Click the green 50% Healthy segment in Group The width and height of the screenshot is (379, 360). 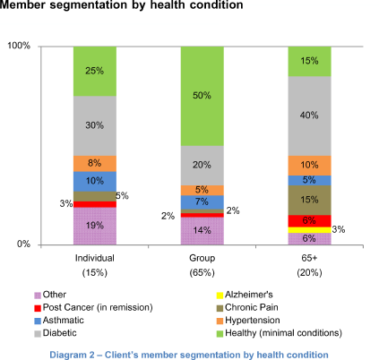click(x=202, y=96)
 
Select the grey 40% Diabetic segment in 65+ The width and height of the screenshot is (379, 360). click(x=309, y=116)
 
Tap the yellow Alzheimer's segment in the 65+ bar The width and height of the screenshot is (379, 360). click(x=309, y=230)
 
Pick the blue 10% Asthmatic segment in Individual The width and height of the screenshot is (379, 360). click(x=95, y=181)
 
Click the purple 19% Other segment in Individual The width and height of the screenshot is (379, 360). click(x=95, y=226)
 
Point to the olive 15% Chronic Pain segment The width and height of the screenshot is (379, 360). click(x=309, y=200)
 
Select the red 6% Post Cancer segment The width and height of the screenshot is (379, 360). click(x=309, y=221)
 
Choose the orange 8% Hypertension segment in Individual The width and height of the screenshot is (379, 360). click(x=95, y=163)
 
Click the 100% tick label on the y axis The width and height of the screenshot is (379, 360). click(x=19, y=46)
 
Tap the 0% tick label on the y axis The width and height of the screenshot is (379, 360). click(x=23, y=244)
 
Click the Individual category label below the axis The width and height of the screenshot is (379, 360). click(x=95, y=258)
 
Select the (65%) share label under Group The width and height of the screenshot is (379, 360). click(x=202, y=272)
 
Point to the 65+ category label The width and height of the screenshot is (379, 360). click(x=309, y=258)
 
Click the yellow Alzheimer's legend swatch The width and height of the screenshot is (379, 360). click(x=220, y=296)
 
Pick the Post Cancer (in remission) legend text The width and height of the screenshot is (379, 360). click(x=98, y=307)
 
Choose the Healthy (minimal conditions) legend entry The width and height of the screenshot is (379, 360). click(x=280, y=333)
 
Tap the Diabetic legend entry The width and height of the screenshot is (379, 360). click(x=56, y=333)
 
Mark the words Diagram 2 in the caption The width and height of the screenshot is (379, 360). click(x=72, y=355)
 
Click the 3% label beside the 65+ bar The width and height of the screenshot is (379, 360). click(x=339, y=229)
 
